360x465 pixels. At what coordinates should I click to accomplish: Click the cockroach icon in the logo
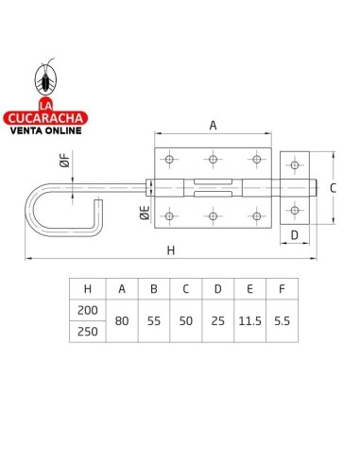pyautogui.click(x=46, y=78)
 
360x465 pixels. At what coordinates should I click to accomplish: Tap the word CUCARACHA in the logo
pyautogui.click(x=45, y=118)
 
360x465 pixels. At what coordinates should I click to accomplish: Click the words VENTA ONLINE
pyautogui.click(x=45, y=130)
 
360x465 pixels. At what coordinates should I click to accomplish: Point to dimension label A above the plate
pyautogui.click(x=213, y=126)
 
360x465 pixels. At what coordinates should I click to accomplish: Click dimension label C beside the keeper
pyautogui.click(x=333, y=188)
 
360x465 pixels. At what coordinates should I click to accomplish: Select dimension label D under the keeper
pyautogui.click(x=295, y=235)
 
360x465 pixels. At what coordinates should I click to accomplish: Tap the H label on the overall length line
pyautogui.click(x=171, y=250)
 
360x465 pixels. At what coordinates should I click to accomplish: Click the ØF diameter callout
pyautogui.click(x=65, y=159)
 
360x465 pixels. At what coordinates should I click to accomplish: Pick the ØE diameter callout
pyautogui.click(x=145, y=213)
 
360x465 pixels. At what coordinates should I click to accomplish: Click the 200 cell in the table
pyautogui.click(x=88, y=310)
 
